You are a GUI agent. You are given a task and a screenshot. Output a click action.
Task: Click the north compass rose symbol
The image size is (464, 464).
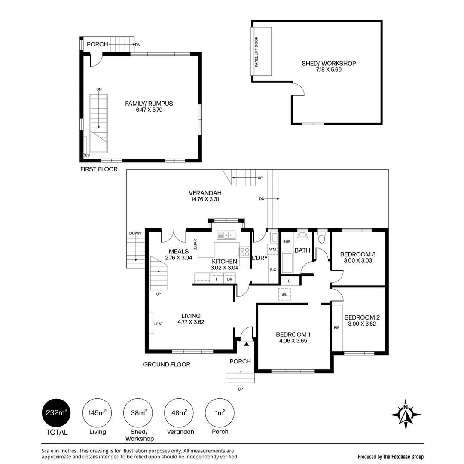(x=406, y=415)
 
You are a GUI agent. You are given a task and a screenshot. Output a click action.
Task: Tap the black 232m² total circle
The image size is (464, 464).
(x=56, y=413)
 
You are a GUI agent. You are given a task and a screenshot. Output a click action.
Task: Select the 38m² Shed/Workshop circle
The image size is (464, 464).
(x=138, y=413)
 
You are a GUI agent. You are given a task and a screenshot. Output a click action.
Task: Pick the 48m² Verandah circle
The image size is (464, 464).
(x=179, y=413)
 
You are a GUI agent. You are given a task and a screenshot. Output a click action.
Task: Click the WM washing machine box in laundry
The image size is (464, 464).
(x=272, y=249)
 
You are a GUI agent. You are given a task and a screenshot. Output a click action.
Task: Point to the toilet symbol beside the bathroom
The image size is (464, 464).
(x=322, y=238)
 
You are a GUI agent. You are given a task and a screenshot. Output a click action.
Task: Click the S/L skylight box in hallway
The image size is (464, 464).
(x=284, y=294)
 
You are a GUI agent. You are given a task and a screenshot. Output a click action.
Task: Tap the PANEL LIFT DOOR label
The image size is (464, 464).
(x=256, y=52)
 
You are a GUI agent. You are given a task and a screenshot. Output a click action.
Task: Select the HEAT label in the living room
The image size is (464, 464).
(x=158, y=324)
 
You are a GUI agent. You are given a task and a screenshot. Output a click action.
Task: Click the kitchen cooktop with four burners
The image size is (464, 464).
(x=244, y=252)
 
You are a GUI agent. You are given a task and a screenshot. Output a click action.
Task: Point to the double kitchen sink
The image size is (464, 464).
(x=226, y=235)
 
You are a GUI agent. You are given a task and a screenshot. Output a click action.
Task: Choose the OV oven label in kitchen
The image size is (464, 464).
(x=229, y=279)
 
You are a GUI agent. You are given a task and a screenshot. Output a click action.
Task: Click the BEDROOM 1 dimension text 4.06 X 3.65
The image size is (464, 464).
(x=293, y=341)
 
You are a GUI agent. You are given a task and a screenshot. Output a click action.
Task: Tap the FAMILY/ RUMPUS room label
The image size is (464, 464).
(x=149, y=104)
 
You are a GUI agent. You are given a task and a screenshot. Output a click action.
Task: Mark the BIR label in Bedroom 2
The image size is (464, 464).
(x=336, y=327)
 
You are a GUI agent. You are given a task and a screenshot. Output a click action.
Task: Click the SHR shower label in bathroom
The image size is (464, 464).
(x=287, y=241)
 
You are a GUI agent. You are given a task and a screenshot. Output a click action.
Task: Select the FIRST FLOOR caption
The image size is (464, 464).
(x=99, y=169)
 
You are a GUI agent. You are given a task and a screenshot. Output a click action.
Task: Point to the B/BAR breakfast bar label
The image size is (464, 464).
(x=195, y=245)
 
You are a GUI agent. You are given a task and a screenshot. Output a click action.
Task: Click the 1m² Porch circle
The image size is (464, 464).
(x=220, y=413)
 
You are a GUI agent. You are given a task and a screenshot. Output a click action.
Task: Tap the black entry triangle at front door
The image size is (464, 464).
(x=247, y=344)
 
